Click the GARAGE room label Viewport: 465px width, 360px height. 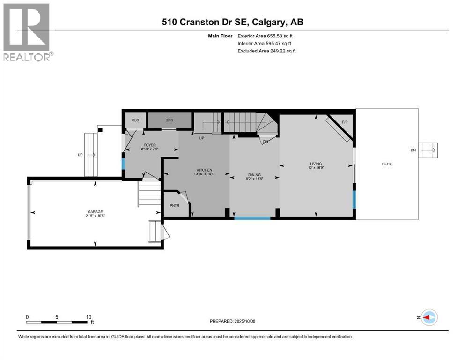(x=94, y=211)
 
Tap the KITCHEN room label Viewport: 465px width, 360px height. (x=204, y=170)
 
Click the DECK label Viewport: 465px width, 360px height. (x=387, y=164)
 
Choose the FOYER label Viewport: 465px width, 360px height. (x=149, y=145)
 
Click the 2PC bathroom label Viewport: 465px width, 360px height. (x=169, y=120)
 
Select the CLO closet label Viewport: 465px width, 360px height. (x=135, y=120)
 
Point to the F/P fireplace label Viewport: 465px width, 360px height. (x=345, y=122)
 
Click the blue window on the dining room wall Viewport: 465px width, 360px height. (x=252, y=218)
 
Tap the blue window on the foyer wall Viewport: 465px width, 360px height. (x=124, y=164)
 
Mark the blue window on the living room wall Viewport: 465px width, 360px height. (x=354, y=200)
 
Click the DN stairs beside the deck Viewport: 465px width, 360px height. (x=428, y=150)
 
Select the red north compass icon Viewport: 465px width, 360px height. (x=428, y=317)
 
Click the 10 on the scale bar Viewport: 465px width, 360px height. (x=89, y=317)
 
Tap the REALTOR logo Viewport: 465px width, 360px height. (x=27, y=31)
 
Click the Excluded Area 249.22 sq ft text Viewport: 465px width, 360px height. (x=266, y=51)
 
